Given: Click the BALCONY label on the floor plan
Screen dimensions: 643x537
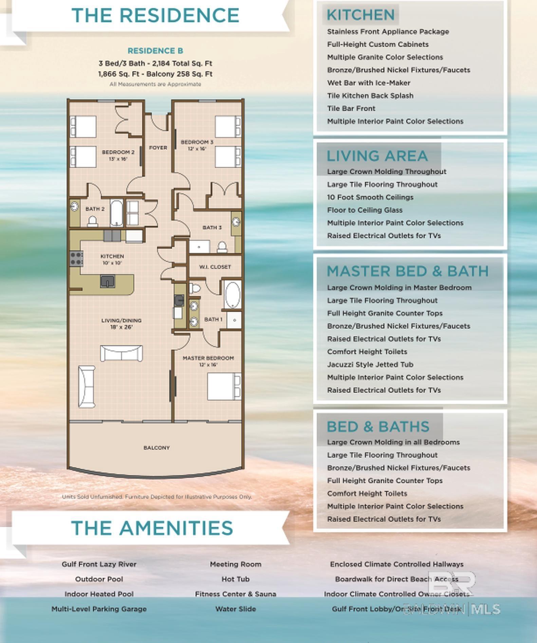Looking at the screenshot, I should click(156, 448).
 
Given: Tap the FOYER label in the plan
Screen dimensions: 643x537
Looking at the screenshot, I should click(158, 148).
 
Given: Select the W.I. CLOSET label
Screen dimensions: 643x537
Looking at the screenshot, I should click(215, 267).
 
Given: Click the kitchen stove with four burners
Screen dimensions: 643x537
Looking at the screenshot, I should click(76, 259).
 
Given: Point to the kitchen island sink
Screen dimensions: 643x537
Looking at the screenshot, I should click(108, 281).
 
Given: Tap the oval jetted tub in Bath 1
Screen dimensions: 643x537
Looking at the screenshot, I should click(233, 294).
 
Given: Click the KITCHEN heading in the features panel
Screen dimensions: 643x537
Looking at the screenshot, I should click(360, 15).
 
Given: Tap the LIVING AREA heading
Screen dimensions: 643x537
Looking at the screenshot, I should click(377, 156).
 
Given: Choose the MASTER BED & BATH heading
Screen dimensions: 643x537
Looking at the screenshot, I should click(407, 271).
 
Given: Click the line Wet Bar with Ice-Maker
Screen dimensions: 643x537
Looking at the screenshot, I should click(368, 83).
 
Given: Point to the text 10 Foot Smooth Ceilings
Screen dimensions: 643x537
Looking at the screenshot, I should click(370, 197).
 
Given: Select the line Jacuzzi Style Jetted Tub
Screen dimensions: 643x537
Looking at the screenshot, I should click(370, 365).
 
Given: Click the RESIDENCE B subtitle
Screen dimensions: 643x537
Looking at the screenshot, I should click(155, 51).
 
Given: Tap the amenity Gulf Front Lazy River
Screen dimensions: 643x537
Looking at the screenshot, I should click(99, 564).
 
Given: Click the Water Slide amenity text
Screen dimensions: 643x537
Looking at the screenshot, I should click(235, 609).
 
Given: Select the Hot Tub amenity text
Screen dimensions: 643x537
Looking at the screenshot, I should click(235, 579).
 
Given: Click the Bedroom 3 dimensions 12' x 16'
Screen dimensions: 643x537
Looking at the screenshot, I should click(197, 149).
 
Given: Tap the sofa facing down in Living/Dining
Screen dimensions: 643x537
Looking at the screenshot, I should click(121, 353).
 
